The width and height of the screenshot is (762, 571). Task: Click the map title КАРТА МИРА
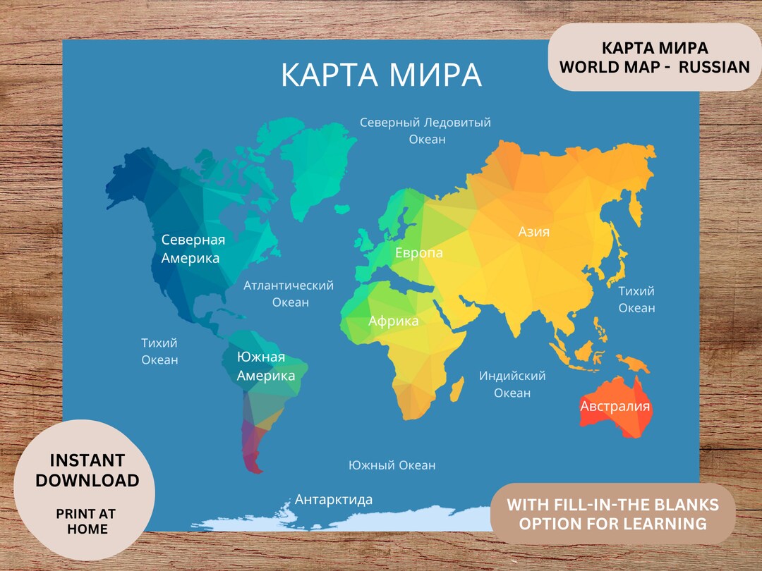tap(381, 75)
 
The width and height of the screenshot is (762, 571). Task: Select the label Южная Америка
tap(265, 367)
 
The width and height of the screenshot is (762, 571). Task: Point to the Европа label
tap(419, 253)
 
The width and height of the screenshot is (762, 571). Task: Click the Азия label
tap(534, 232)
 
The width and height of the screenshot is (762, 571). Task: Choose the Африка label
tap(393, 321)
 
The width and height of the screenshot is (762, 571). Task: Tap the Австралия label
tap(615, 407)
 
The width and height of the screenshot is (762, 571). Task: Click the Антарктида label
tap(334, 500)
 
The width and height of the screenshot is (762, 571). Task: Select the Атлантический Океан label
tap(289, 294)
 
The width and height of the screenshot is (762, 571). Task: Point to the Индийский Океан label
tap(512, 384)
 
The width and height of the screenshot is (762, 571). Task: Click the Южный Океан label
tap(392, 465)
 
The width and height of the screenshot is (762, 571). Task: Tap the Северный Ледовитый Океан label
tap(425, 130)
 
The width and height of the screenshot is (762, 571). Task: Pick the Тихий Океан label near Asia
tap(636, 300)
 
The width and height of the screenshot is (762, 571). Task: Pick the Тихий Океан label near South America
tap(159, 351)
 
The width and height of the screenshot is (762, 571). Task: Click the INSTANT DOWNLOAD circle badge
tap(85, 490)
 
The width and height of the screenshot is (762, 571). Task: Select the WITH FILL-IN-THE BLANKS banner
tap(612, 514)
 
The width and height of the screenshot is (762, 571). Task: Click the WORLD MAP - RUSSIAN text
tap(654, 67)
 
